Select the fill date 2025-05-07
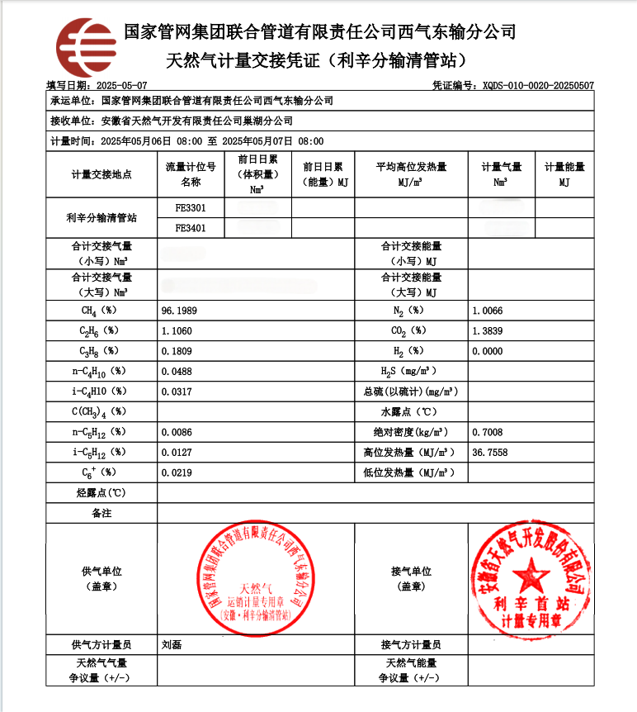point(121,86)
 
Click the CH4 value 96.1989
point(180,311)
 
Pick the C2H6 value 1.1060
point(178,330)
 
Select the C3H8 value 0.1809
point(178,350)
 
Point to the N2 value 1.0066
point(487,311)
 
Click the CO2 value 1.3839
point(487,330)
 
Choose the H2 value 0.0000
point(487,350)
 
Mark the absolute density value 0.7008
point(487,432)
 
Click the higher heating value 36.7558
point(489,453)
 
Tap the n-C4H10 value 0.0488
point(178,372)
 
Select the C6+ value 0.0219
point(178,472)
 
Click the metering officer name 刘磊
point(172,645)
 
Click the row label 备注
point(101,513)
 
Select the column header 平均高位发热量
point(411,167)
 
